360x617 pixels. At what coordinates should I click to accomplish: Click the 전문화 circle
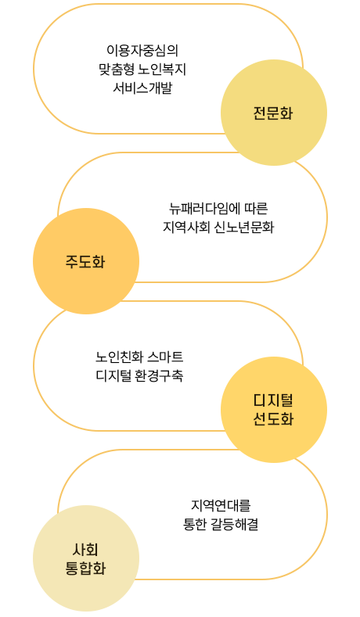tap(274, 113)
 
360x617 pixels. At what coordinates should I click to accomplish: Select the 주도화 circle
tap(86, 261)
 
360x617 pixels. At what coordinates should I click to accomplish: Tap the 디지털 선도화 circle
tap(274, 410)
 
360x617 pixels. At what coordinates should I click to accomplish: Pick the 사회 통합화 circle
tap(86, 558)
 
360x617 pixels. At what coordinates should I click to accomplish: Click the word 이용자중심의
tap(142, 50)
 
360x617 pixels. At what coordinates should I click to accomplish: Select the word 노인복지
tap(162, 70)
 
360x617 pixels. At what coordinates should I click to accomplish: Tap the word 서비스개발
tap(142, 88)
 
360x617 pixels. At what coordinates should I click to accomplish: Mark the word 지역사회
tap(186, 227)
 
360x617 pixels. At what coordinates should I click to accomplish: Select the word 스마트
tap(165, 357)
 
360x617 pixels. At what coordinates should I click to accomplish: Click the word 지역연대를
tap(221, 505)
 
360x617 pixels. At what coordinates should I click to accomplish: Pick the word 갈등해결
tap(235, 524)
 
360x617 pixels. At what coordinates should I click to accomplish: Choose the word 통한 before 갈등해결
tap(195, 524)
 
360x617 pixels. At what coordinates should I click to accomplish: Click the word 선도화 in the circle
tap(273, 419)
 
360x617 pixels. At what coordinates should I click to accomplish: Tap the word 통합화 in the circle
tap(85, 569)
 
